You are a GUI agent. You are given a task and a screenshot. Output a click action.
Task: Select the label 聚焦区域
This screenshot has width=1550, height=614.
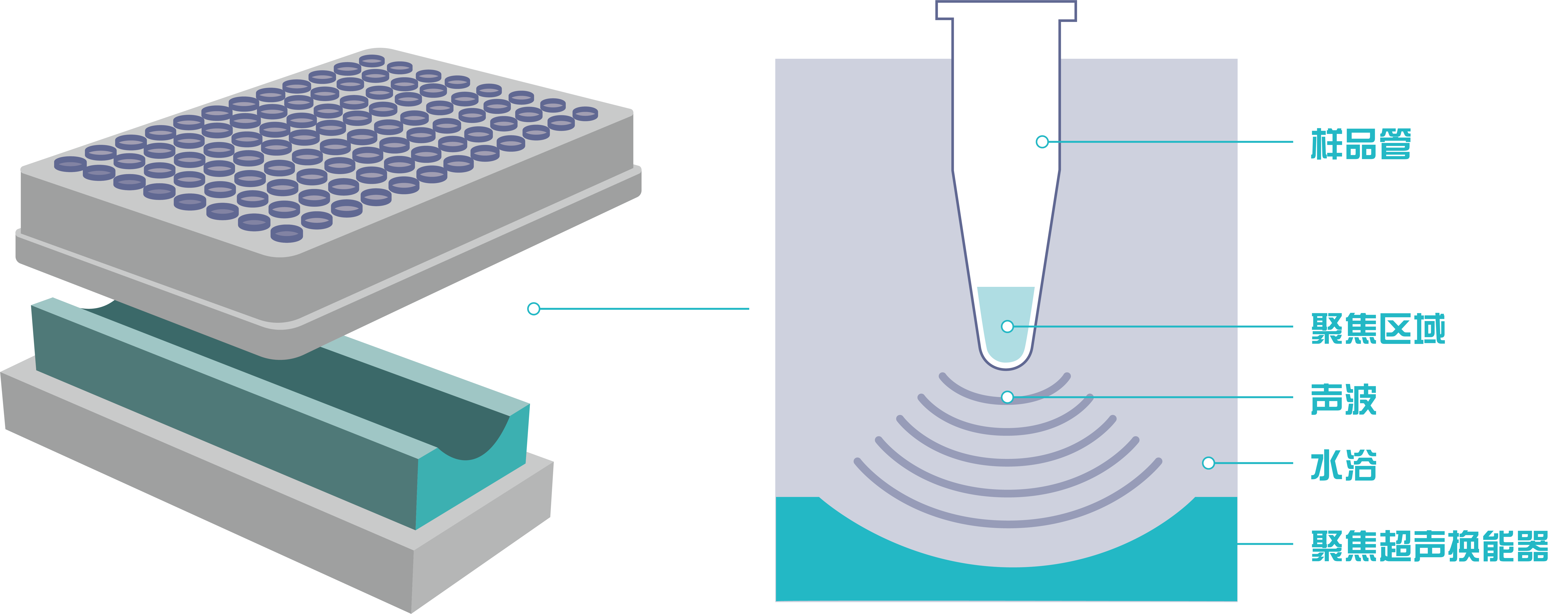pyautogui.click(x=1378, y=328)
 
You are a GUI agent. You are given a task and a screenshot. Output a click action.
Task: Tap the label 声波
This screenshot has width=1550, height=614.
pyautogui.click(x=1344, y=399)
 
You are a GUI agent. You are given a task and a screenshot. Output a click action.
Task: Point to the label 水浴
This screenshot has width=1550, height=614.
pyautogui.click(x=1344, y=465)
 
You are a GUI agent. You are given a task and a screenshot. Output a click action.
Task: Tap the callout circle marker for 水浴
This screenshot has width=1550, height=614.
pyautogui.click(x=1209, y=463)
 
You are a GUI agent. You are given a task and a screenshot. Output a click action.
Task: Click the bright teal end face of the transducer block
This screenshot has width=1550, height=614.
pyautogui.click(x=472, y=475)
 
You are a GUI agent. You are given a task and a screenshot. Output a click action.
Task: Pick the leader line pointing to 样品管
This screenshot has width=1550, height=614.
pyautogui.click(x=1171, y=142)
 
